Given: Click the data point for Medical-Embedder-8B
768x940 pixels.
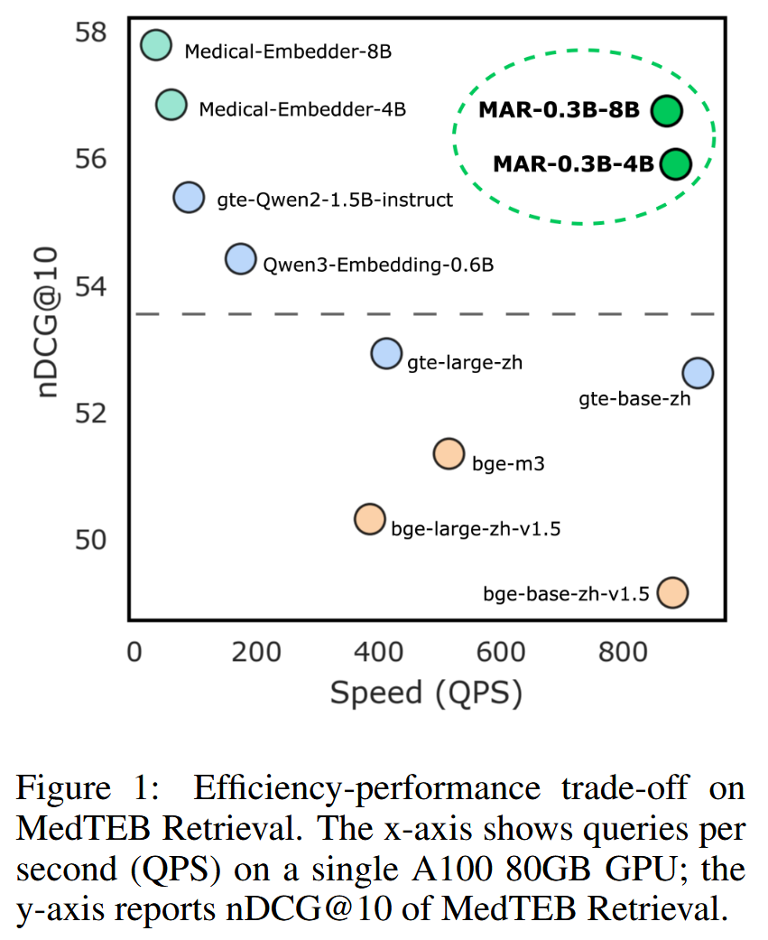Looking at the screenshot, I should coord(156,44).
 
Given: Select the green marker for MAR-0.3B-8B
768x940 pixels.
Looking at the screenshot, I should coord(666,111).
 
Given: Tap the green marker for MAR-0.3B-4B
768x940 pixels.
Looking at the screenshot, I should coord(675,163).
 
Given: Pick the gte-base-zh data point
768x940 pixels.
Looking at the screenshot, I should coord(698,372).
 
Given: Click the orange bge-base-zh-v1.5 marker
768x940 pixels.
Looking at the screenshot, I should coord(673,592).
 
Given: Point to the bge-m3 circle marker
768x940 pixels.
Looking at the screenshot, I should coord(449,453).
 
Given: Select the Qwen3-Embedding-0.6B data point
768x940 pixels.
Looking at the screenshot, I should coord(240,259).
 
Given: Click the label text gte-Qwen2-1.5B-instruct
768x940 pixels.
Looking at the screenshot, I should coord(335,200).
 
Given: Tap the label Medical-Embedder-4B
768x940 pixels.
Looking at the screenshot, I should coord(302,110).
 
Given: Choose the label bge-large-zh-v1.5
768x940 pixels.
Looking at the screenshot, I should coord(476,529).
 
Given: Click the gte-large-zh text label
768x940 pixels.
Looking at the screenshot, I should coord(465,363).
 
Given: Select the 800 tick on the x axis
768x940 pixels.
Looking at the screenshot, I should coord(623,652).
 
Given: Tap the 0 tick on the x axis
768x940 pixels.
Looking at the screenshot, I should coord(134,652).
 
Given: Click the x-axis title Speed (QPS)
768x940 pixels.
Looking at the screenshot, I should coord(426,693).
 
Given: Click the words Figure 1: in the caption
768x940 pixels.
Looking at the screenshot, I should coord(87,788).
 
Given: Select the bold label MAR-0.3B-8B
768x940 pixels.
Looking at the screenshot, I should coord(559,111).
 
